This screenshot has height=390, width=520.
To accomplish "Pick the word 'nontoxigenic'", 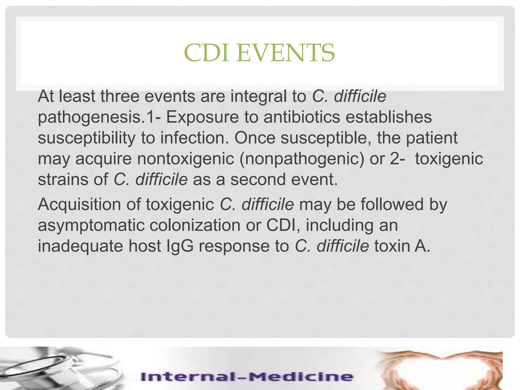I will [186, 159].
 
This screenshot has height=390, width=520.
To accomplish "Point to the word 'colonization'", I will [195, 225].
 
